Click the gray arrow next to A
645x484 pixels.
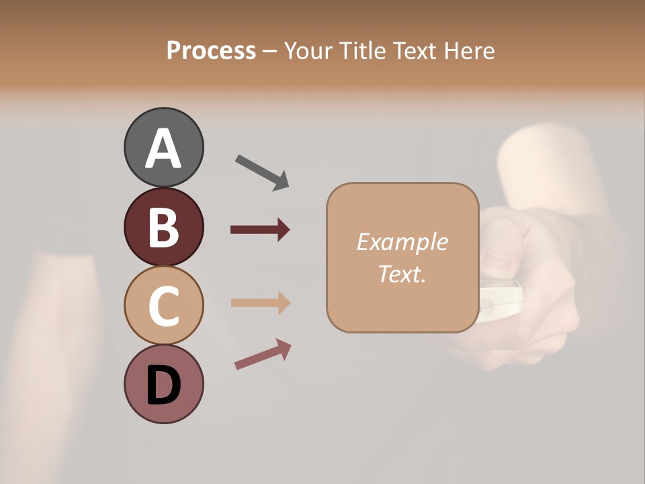coord(261,171)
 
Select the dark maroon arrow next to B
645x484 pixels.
coord(260,230)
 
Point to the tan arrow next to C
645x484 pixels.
coord(260,302)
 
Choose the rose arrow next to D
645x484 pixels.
coord(262,354)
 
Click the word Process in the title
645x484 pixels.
coord(211,50)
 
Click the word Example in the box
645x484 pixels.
coord(402,242)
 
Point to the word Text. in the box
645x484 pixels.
coord(402,274)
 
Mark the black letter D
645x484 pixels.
coord(163,385)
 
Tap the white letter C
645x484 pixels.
coord(163,306)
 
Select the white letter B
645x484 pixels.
coord(163,227)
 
